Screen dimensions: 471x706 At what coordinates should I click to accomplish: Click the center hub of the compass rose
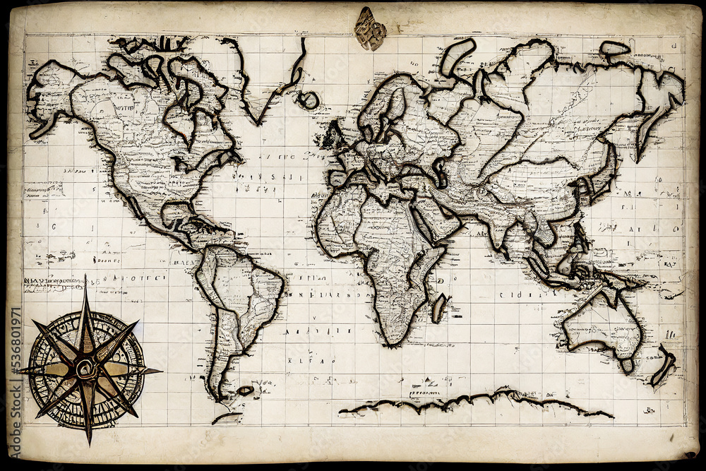click(85, 367)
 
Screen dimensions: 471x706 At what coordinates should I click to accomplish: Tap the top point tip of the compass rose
click(85, 278)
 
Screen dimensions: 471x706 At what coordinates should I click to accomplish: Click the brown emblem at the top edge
click(370, 29)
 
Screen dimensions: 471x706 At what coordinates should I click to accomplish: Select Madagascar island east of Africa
click(440, 308)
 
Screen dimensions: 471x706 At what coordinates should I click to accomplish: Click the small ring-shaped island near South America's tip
click(245, 390)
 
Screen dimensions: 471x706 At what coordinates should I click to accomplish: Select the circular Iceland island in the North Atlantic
click(308, 100)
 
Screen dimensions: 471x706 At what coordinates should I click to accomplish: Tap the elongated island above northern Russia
click(457, 56)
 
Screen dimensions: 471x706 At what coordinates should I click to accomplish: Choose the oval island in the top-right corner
click(614, 49)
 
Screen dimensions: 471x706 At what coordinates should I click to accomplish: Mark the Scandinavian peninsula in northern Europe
click(381, 106)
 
